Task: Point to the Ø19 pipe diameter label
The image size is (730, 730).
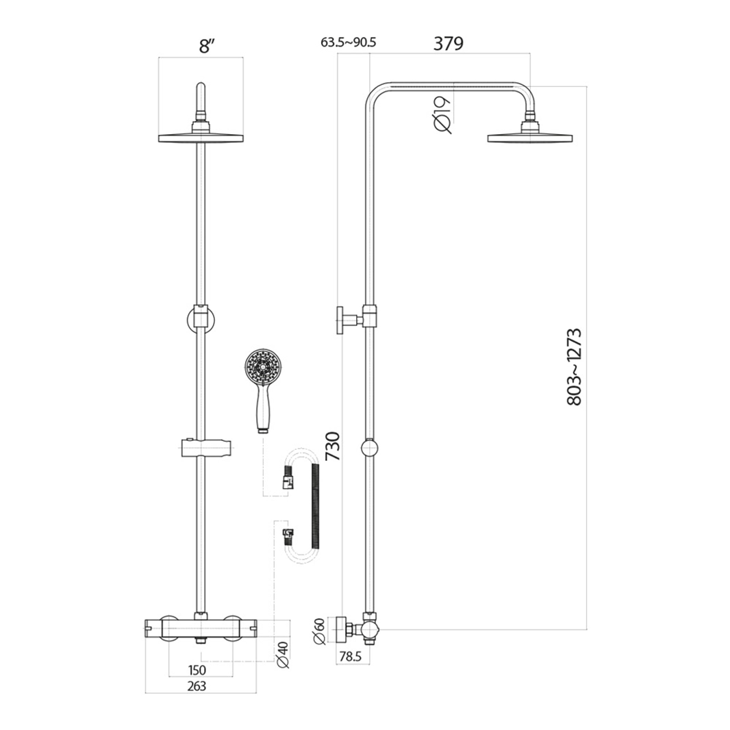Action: pos(442,114)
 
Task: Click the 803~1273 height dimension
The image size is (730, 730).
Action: pos(575,367)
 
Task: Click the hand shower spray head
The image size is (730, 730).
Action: pos(260,367)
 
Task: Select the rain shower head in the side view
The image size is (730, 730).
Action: pos(529,138)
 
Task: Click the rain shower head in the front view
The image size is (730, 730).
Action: pos(201,137)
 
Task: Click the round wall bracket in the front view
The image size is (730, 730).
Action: pos(200,320)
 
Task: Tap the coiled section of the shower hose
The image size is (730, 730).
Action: pos(316,505)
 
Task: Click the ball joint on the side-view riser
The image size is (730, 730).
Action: pos(369,449)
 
